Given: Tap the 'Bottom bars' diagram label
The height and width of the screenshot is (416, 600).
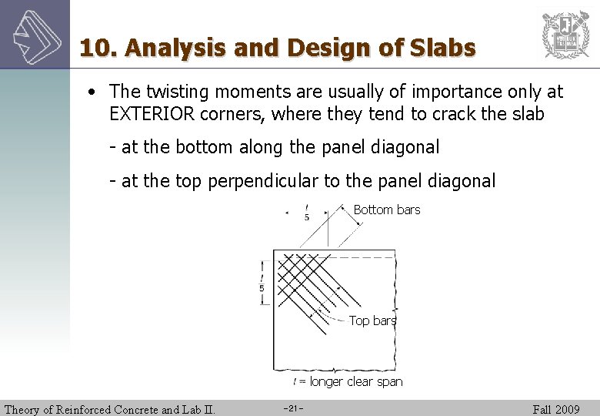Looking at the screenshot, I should [386, 210].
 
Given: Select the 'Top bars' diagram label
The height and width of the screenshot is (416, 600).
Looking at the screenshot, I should [372, 320].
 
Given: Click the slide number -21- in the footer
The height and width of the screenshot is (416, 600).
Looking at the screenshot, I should [294, 408].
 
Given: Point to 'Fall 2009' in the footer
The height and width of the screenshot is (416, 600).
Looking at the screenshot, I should [555, 409].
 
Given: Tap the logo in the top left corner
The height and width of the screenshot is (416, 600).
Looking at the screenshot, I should [34, 34].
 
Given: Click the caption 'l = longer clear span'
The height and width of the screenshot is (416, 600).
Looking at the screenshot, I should [348, 381].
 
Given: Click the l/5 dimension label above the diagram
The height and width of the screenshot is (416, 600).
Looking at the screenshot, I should [307, 212].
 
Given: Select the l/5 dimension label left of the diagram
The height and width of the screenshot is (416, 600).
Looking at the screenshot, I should [262, 282].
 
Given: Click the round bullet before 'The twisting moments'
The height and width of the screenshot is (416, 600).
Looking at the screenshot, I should [92, 92].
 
